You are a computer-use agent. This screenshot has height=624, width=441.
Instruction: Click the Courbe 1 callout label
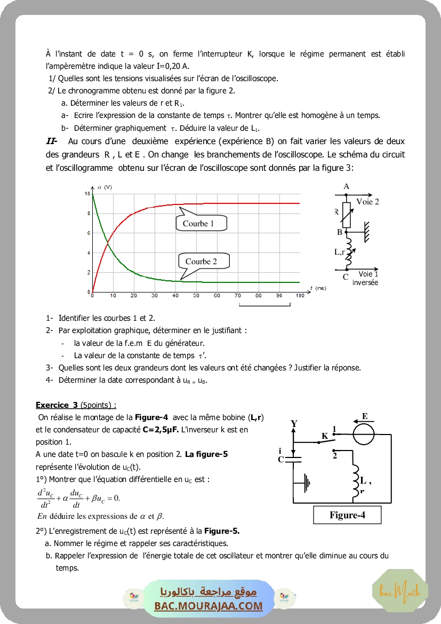coord(198,224)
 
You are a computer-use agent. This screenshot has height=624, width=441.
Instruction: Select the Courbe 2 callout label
coord(201,262)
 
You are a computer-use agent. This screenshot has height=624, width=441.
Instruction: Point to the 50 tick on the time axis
coord(196,295)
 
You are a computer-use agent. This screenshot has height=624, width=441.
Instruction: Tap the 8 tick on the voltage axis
coord(88,213)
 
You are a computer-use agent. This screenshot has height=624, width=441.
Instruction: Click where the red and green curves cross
coord(108,243)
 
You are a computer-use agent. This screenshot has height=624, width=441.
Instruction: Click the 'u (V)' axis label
coord(105,187)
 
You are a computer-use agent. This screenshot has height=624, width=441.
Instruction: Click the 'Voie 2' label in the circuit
coord(367,202)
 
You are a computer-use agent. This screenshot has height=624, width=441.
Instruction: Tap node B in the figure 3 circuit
coord(346,232)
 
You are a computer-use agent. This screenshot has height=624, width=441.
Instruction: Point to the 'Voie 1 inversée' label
coord(365,278)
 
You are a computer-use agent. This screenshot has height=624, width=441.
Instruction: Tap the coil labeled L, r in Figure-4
coord(355,478)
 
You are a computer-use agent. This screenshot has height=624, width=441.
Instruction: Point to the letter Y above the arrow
coord(294,424)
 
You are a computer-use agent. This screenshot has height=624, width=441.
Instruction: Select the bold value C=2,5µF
coord(162,429)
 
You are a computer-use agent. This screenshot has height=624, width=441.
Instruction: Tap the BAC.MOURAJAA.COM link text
coord(209,606)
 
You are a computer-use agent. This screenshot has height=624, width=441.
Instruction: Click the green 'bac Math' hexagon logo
coord(400,591)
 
